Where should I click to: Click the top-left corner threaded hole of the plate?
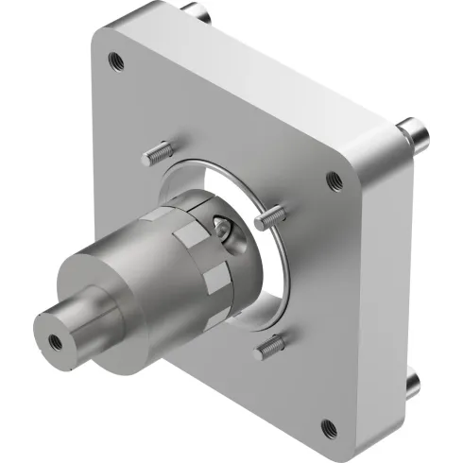pos(115,61)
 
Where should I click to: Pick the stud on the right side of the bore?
pos(267,218)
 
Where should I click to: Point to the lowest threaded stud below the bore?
pos(269,349)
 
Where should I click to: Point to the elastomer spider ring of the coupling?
pos(203,269)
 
